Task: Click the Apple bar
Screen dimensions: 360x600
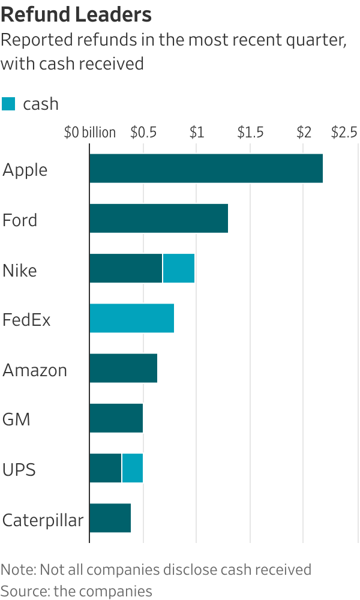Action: pyautogui.click(x=206, y=169)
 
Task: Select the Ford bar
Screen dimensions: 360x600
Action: pyautogui.click(x=159, y=218)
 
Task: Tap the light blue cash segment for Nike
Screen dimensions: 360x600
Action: pyautogui.click(x=179, y=268)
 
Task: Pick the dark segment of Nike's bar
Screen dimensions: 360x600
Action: pyautogui.click(x=126, y=268)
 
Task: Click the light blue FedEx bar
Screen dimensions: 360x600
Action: pyautogui.click(x=132, y=318)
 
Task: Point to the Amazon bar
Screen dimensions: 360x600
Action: pyautogui.click(x=124, y=368)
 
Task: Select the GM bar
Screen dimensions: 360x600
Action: pyautogui.click(x=116, y=418)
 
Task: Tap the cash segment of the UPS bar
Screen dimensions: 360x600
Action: pyautogui.click(x=133, y=468)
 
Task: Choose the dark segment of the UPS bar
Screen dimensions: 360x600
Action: pyautogui.click(x=106, y=468)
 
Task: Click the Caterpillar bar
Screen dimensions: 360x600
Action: pyautogui.click(x=110, y=518)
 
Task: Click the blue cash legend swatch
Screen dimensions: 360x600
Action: pyautogui.click(x=8, y=104)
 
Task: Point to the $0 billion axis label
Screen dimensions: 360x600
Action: pyautogui.click(x=90, y=133)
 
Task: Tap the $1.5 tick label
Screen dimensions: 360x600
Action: pyautogui.click(x=250, y=133)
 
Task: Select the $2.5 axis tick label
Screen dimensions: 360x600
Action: pyautogui.click(x=344, y=133)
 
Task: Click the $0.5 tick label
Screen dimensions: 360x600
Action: pyautogui.click(x=143, y=133)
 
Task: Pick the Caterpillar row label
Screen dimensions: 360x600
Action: pyautogui.click(x=43, y=520)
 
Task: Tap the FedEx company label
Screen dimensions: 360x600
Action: pyautogui.click(x=26, y=320)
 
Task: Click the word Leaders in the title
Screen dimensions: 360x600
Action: pyautogui.click(x=113, y=14)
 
